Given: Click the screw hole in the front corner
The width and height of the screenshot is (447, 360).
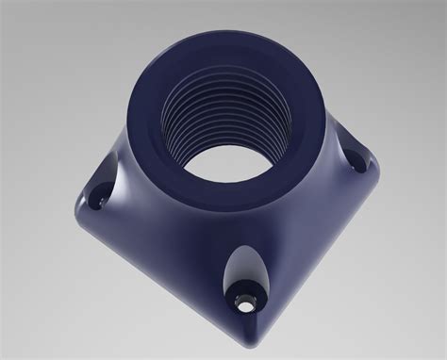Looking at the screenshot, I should pos(247,303).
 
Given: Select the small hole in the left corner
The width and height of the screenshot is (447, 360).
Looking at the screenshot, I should pos(95,201).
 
